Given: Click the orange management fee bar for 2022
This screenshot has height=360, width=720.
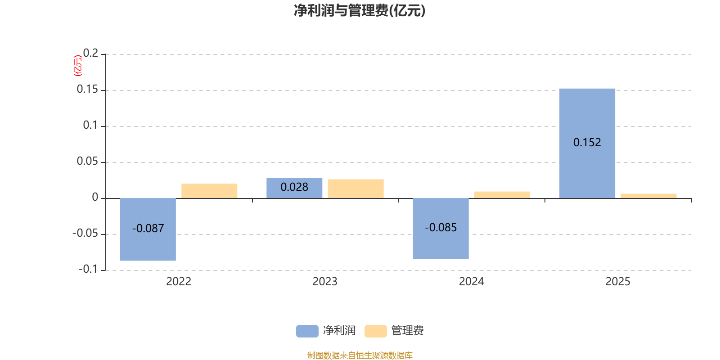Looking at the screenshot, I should coord(209,191).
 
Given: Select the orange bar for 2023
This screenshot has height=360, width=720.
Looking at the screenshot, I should coord(355,189).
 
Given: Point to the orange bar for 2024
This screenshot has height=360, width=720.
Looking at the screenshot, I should coord(502,194).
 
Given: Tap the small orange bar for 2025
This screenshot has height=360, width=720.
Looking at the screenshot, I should coord(648,196).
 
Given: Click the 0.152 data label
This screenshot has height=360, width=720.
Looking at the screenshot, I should coord(587,143).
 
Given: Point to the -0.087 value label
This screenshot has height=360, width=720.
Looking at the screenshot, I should coord(148,229).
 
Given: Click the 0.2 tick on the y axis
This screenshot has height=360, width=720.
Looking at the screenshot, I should coord(90,54).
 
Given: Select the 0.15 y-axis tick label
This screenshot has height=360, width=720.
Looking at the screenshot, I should coord(87,90).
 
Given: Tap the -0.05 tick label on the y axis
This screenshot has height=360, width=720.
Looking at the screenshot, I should coord(85,234).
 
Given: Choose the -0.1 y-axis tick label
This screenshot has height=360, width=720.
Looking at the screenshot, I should coord(88,270).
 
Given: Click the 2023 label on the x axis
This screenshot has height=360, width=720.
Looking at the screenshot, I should coord(325,282).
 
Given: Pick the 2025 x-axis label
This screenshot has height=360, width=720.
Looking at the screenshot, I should coord(617,282).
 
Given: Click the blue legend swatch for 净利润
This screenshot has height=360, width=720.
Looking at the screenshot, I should coord(307,331).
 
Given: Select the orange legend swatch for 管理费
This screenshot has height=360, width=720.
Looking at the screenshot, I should coord(375,331).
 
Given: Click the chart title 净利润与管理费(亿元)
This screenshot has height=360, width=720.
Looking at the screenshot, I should coord(360,10).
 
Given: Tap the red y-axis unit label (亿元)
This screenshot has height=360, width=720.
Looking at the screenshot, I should coord(78,66).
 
